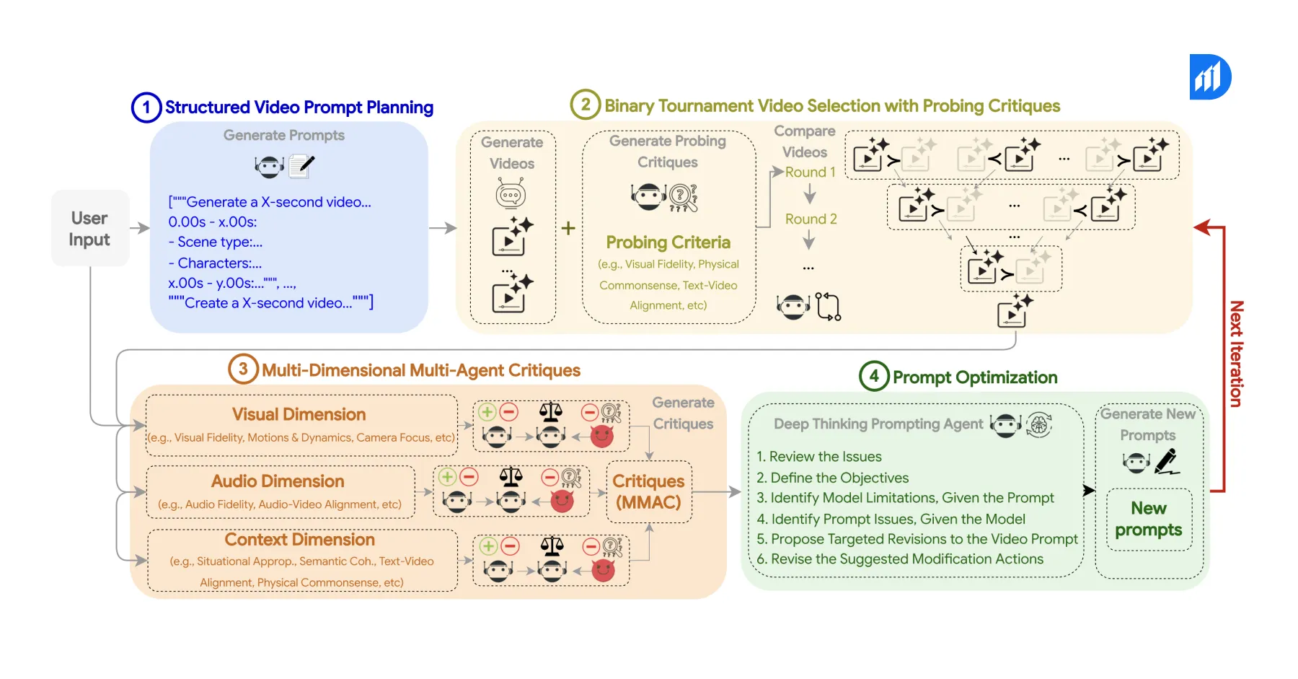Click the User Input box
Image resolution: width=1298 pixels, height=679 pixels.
pos(90,228)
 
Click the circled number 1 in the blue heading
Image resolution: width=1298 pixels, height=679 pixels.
pos(146,108)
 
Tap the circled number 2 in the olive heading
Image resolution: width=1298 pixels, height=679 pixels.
pos(585,105)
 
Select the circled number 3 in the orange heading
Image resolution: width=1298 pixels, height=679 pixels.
pos(243,369)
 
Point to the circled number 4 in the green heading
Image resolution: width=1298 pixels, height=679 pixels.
pos(873,376)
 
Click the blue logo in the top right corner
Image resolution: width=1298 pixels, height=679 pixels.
pos(1209,76)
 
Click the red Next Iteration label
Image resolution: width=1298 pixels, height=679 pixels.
pos(1236,354)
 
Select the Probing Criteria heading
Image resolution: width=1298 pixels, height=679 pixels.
pos(668,242)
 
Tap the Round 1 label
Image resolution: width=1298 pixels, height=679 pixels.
pos(810,172)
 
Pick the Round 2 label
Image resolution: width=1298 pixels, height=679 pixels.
pos(811,219)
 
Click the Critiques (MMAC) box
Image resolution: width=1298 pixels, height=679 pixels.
pos(648,491)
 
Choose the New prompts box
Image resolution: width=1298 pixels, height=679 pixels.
pos(1148,519)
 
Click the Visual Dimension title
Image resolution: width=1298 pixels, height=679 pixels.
pos(299,414)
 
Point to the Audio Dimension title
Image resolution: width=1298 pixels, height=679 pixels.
pos(278,481)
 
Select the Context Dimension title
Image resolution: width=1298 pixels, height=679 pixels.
pos(299,540)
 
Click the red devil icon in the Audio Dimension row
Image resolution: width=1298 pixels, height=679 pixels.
pos(562,501)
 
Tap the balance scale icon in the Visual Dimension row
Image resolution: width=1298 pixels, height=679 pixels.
pos(551,412)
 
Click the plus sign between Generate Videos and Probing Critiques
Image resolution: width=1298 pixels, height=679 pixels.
pos(568,228)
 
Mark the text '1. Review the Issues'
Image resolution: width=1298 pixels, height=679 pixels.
pos(818,457)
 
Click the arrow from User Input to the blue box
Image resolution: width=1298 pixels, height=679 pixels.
pos(139,228)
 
